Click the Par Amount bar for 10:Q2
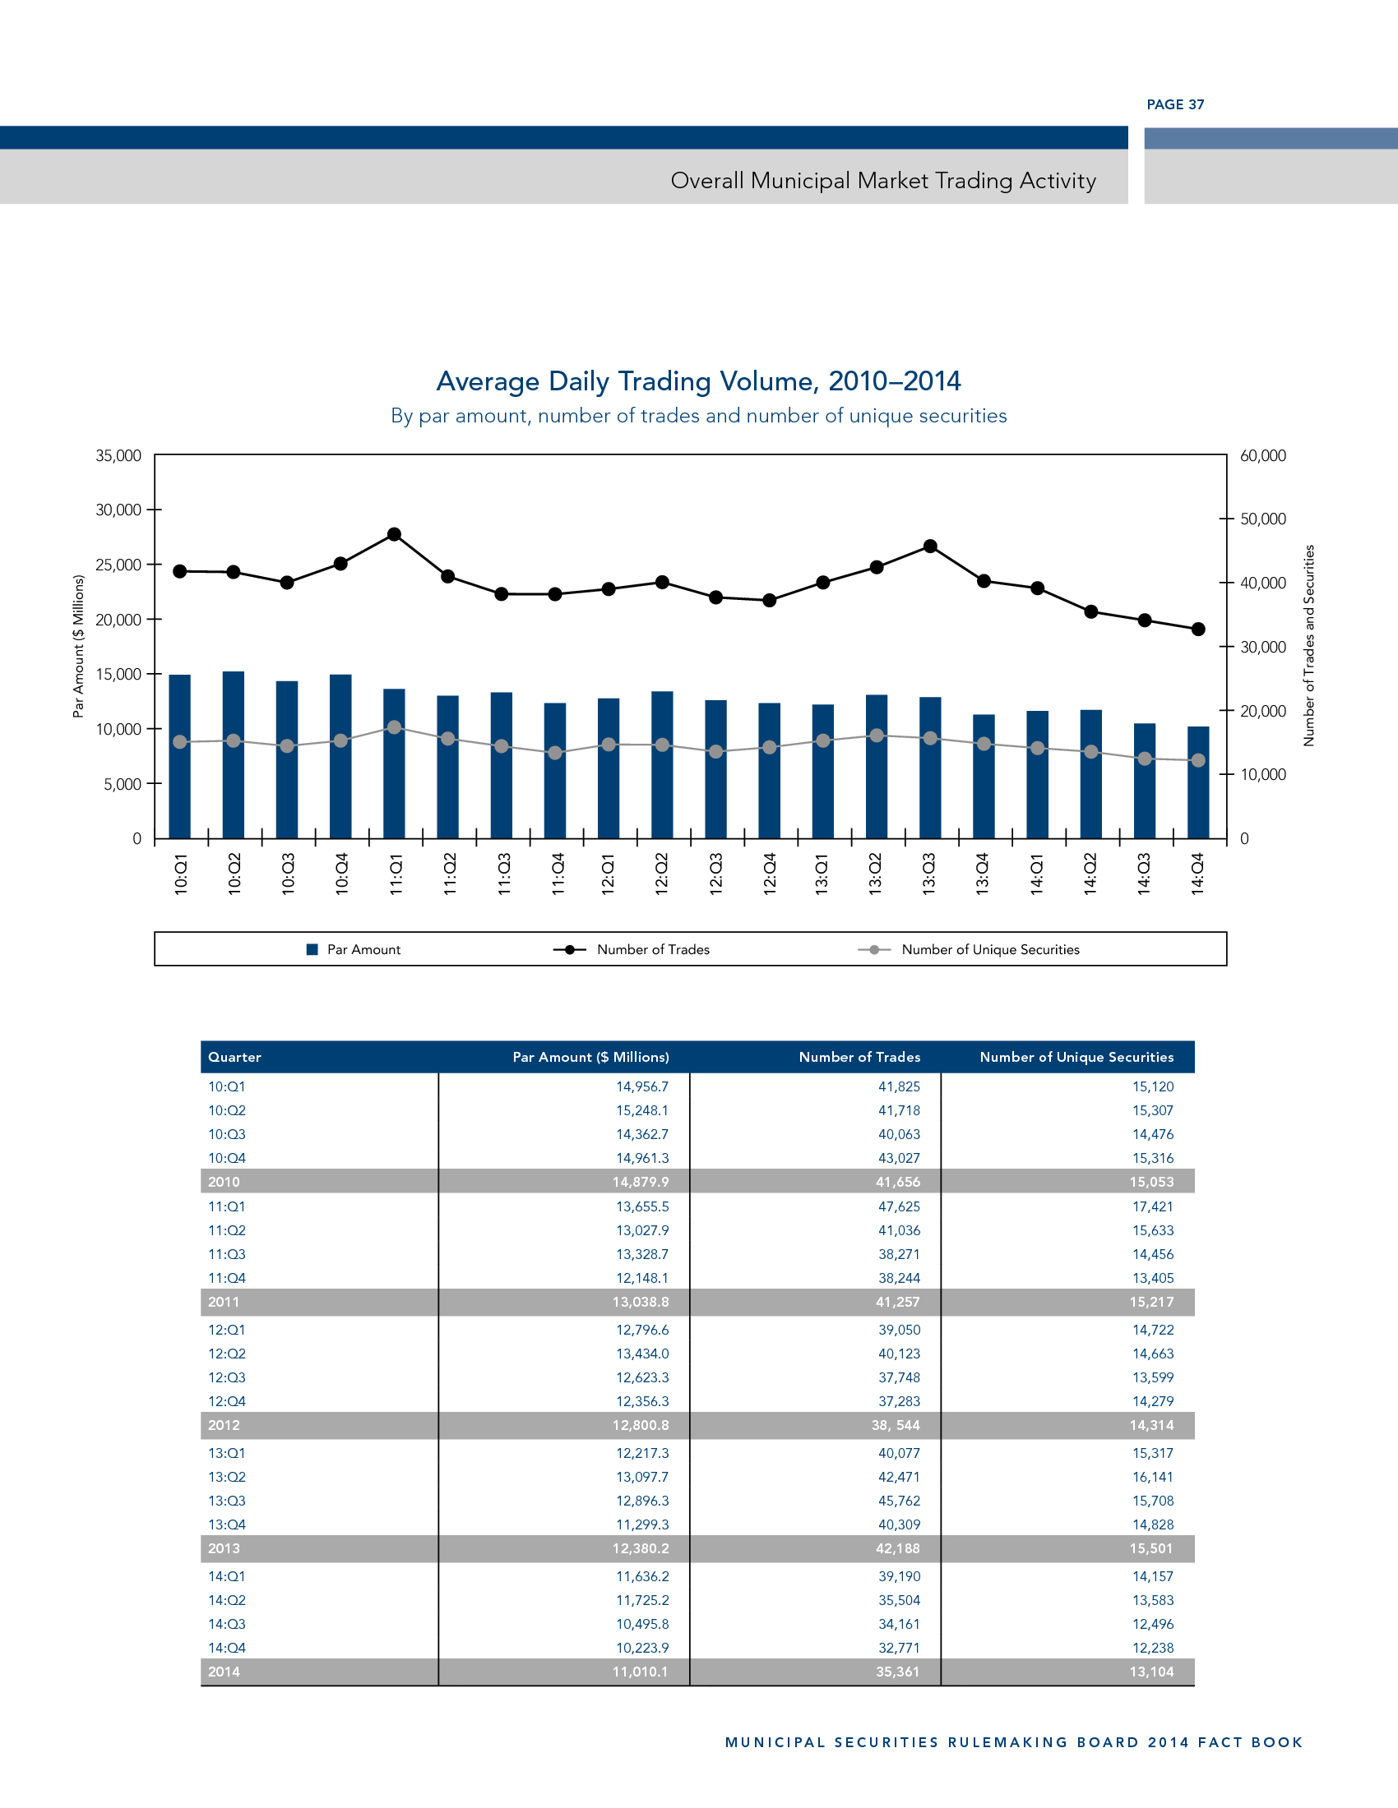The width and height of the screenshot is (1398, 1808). [x=234, y=754]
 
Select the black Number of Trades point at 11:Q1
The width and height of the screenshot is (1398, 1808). [x=394, y=535]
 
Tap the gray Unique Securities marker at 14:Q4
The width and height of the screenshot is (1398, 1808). [x=1197, y=760]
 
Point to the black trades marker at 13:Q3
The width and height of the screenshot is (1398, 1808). [x=930, y=547]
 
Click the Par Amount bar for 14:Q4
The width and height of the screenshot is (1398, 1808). [x=1197, y=782]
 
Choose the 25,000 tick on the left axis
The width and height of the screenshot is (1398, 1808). [x=118, y=565]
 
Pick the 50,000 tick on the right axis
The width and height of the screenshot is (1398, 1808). [x=1262, y=519]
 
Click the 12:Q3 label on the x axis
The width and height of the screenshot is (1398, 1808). [x=716, y=874]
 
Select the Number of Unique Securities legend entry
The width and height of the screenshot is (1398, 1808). [x=989, y=949]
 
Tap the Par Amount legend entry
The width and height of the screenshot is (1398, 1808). [x=363, y=949]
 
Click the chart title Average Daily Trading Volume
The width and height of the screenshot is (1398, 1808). [x=698, y=381]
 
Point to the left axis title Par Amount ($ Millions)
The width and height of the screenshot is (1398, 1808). [x=79, y=646]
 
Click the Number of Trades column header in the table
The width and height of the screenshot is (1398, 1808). [x=859, y=1057]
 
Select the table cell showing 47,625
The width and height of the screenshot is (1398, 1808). [x=899, y=1206]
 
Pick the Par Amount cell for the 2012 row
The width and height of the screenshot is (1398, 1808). [x=640, y=1425]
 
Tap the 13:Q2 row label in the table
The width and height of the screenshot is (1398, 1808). [x=227, y=1477]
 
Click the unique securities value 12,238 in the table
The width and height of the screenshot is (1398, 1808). [x=1153, y=1648]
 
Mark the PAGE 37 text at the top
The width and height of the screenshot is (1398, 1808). [x=1175, y=104]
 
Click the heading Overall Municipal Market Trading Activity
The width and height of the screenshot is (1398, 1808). [x=883, y=181]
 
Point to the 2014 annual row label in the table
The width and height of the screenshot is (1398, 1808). [x=224, y=1672]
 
